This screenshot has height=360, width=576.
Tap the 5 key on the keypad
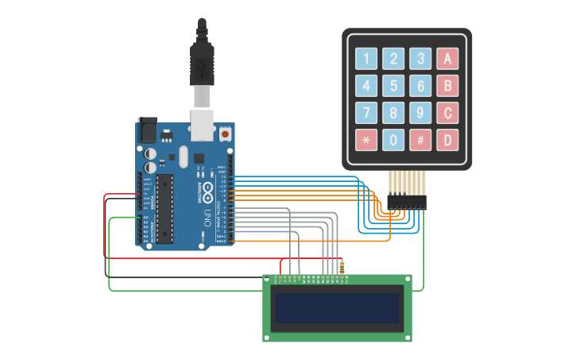coord(393,85)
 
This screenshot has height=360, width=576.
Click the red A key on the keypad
coord(448,58)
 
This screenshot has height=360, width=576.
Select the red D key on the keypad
coord(448,140)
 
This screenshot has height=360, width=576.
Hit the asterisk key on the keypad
coord(366,140)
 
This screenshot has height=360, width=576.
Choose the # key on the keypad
coord(420,140)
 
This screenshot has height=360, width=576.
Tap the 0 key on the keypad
coord(393,140)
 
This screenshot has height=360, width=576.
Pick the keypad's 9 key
coord(420,112)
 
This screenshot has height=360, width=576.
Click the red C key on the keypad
coord(448,112)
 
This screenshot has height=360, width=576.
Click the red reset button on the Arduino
coord(226,134)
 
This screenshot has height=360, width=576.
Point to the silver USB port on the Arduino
coord(203,124)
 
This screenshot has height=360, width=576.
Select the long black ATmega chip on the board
coord(164,208)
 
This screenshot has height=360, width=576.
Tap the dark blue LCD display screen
coord(337,308)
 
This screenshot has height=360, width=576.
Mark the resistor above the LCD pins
coord(342,268)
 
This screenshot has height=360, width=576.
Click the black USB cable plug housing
coord(202,64)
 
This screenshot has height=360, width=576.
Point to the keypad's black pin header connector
coord(406,203)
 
